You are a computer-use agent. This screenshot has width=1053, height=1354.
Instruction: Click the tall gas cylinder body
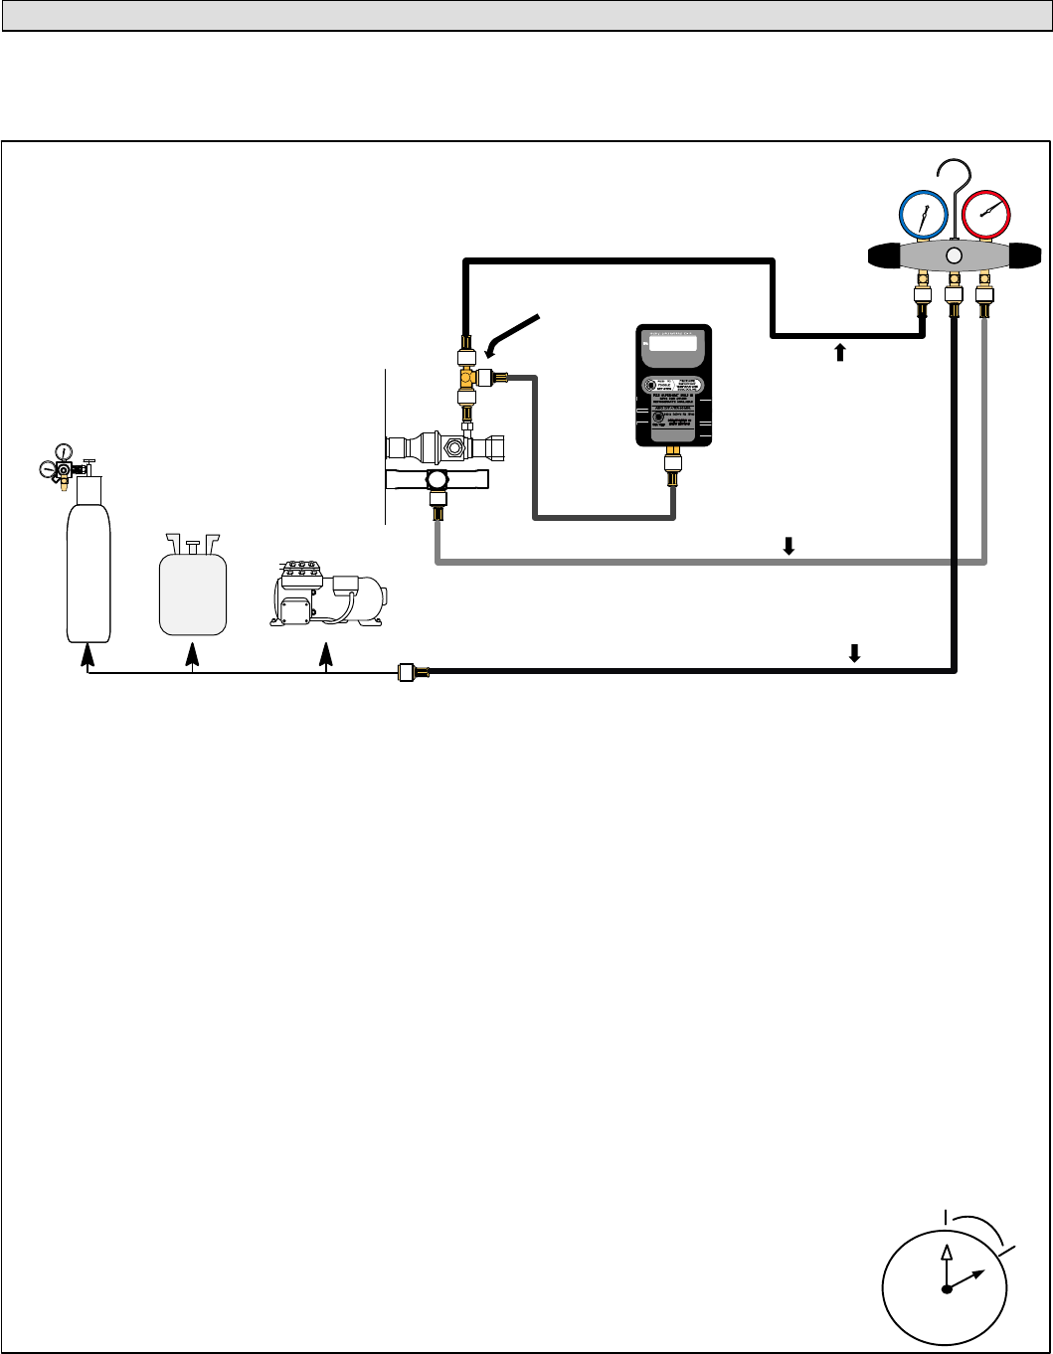88,567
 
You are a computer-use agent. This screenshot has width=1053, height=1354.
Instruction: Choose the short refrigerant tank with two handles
194,592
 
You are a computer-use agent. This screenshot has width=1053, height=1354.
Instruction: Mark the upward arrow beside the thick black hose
840,350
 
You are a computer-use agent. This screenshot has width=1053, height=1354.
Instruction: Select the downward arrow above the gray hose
789,546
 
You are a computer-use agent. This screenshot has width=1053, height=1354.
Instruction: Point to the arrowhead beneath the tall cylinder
88,654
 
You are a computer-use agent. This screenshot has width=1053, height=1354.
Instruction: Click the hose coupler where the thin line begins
407,673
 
